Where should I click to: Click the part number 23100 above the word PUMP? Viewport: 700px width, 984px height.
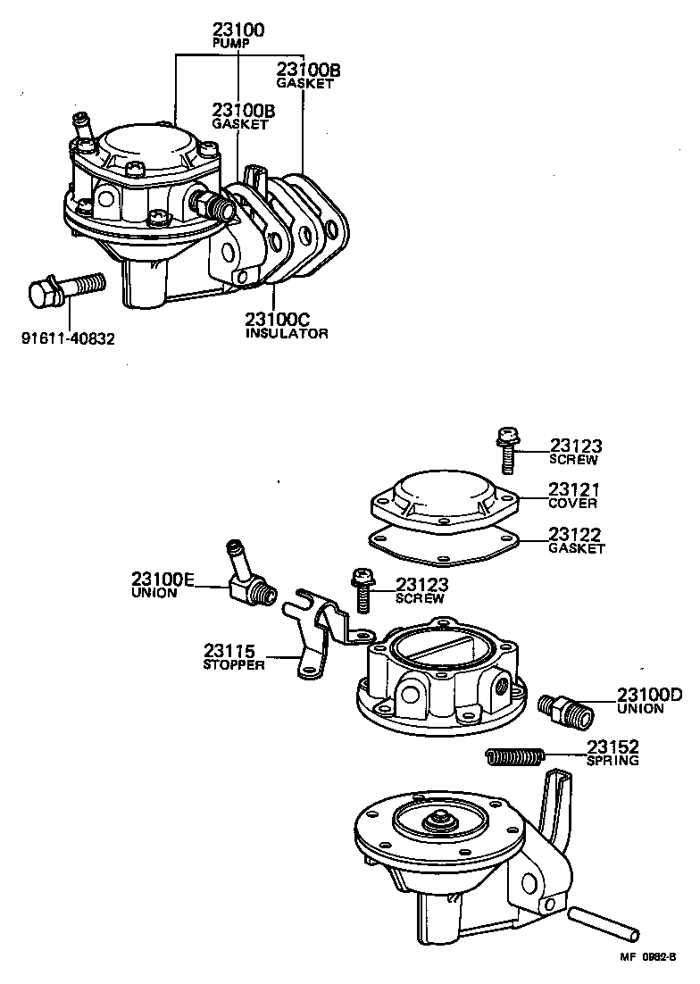pyautogui.click(x=238, y=29)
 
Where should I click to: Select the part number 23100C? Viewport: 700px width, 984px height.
pyautogui.click(x=281, y=319)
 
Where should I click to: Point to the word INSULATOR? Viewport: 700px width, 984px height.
pyautogui.click(x=287, y=333)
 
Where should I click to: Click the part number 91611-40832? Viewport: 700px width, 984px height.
pyautogui.click(x=69, y=338)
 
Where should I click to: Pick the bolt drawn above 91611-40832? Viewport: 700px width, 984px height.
pyautogui.click(x=66, y=289)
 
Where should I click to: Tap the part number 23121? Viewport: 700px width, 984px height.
pyautogui.click(x=575, y=489)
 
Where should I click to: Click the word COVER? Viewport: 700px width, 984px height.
pyautogui.click(x=573, y=503)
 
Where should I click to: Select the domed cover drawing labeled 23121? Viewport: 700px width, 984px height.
pyautogui.click(x=443, y=499)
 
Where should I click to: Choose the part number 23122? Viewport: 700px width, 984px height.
pyautogui.click(x=575, y=534)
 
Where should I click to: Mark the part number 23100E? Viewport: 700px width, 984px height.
pyautogui.click(x=162, y=579)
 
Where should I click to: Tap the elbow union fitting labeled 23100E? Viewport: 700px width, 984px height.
pyautogui.click(x=249, y=580)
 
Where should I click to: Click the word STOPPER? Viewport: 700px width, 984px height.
pyautogui.click(x=234, y=665)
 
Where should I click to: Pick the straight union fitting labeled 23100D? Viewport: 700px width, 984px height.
pyautogui.click(x=561, y=709)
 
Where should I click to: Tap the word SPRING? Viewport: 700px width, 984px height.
pyautogui.click(x=612, y=761)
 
